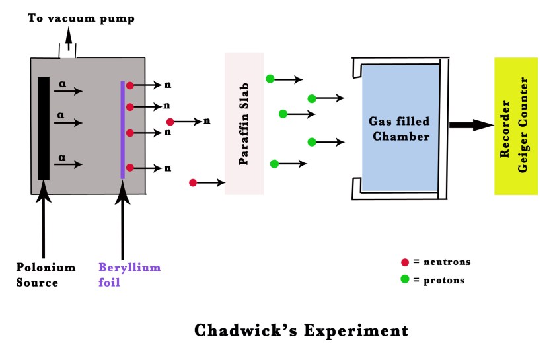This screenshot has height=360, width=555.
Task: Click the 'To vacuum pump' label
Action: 81,18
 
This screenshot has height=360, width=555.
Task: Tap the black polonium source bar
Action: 44,128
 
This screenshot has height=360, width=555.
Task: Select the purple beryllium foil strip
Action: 123,129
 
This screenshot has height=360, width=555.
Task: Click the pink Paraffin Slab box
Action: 244,124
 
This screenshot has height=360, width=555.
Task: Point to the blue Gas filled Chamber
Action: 400,128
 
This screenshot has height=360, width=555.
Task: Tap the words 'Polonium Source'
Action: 46,275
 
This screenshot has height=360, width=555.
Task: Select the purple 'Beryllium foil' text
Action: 129,275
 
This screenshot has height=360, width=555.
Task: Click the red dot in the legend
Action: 404,262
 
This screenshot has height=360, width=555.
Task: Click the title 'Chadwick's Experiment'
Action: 301,330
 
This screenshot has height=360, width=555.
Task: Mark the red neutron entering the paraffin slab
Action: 193,182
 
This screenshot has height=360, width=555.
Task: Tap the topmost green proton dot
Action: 270,79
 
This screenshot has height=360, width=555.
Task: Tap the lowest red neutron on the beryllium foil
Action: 130,168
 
